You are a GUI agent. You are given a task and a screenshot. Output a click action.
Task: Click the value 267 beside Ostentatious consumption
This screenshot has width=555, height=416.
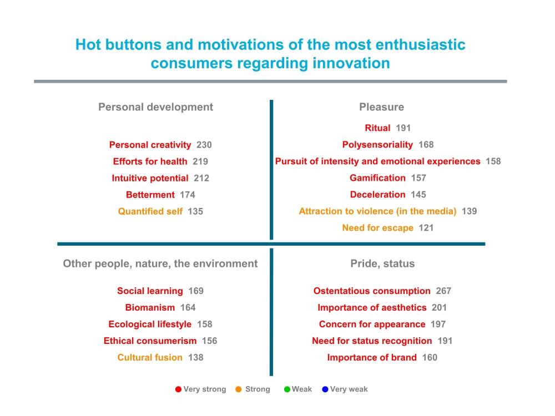[x=443, y=291]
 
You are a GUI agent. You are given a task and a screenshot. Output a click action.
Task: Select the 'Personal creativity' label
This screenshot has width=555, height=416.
[x=150, y=145]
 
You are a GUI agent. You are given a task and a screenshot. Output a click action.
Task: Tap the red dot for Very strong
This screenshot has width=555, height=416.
[x=178, y=389]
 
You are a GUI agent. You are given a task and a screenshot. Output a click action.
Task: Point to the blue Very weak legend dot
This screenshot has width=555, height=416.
[x=325, y=389]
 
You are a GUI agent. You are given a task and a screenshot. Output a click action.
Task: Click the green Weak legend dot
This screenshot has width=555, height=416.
[x=287, y=389]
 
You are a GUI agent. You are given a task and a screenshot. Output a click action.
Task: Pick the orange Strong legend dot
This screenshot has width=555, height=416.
[x=239, y=389]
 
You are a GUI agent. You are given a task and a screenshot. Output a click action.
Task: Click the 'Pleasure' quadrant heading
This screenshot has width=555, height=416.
[x=382, y=107]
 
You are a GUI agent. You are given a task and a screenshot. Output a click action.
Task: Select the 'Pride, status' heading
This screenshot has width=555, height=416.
[x=382, y=263]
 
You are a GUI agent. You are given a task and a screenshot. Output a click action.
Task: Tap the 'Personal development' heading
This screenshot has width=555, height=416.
[x=156, y=107]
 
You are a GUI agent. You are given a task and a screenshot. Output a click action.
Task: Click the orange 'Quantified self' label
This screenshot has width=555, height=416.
[x=150, y=211]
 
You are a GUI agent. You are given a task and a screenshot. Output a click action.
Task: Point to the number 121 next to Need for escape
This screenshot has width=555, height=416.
[x=426, y=228]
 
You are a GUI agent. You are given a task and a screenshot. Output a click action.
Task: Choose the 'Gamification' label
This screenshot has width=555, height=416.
[x=377, y=178]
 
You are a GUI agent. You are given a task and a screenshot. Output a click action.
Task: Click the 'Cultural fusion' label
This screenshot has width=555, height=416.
[x=150, y=357]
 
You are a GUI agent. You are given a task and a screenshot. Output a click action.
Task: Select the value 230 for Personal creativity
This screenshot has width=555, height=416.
[x=204, y=145]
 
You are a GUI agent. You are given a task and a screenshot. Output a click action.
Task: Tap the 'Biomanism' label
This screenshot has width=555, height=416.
[x=150, y=307]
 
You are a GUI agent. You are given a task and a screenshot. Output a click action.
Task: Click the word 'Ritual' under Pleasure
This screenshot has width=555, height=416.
[x=377, y=128]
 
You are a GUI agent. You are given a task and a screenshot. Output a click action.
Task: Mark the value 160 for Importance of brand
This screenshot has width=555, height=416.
[x=430, y=357]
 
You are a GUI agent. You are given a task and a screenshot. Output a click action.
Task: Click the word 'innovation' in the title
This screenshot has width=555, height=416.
[x=351, y=63]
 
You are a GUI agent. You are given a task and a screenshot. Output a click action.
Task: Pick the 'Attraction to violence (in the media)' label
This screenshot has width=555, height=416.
[x=377, y=211]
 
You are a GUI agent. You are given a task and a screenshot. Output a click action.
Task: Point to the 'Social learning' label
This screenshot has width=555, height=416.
[x=150, y=291]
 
